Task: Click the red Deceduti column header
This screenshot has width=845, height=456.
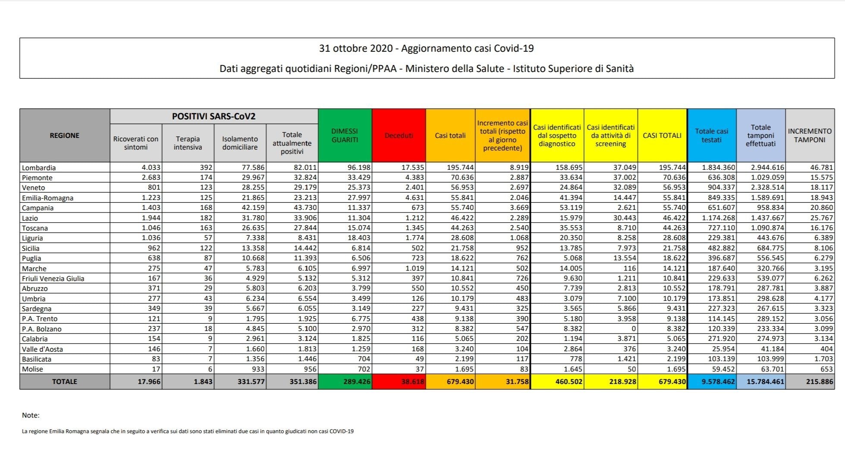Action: (399, 136)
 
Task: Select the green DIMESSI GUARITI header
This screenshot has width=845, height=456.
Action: (345, 136)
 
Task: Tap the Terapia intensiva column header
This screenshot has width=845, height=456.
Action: (188, 143)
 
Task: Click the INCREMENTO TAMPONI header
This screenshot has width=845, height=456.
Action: (809, 136)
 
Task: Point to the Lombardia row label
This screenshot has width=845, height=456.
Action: (39, 168)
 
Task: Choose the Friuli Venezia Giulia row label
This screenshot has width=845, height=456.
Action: (53, 278)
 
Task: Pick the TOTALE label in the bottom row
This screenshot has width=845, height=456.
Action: (65, 382)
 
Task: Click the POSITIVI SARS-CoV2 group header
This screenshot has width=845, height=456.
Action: (214, 116)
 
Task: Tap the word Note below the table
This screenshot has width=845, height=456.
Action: (30, 415)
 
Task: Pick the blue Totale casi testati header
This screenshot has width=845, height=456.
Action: (712, 136)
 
